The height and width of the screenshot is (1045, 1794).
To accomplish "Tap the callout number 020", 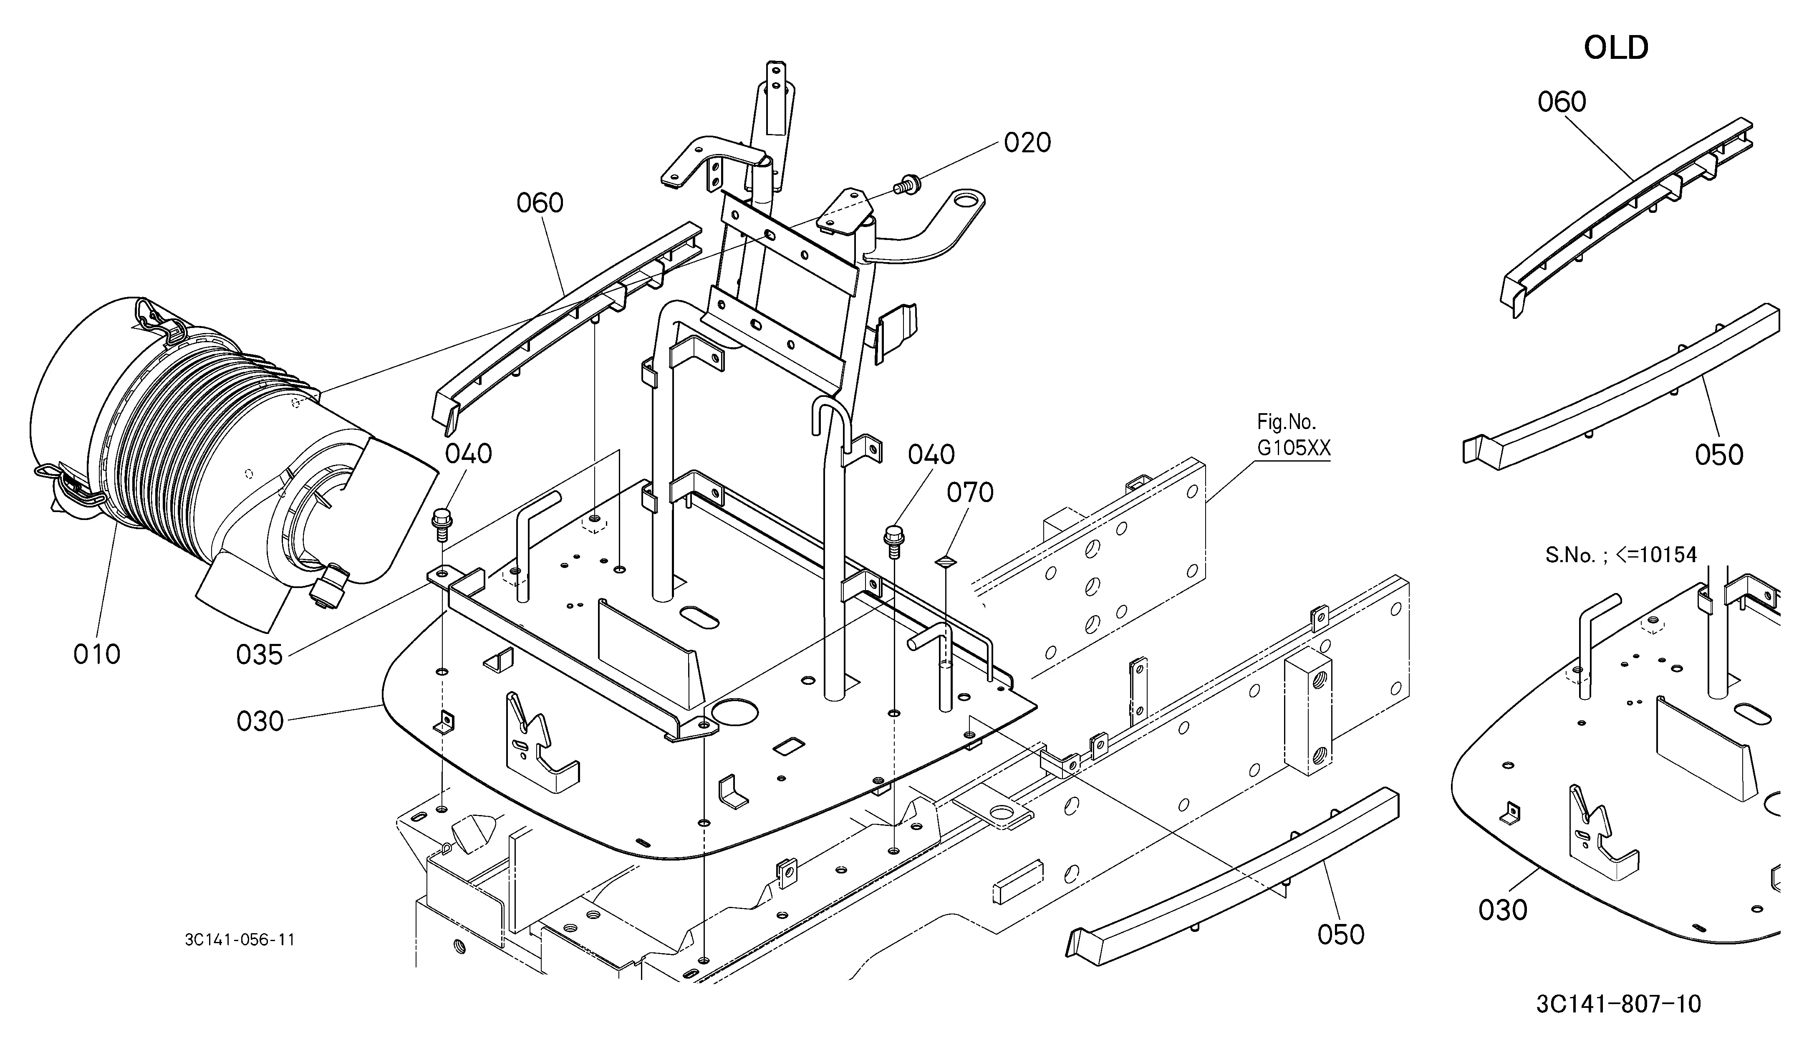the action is click(1027, 143).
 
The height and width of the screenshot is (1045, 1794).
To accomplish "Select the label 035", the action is click(260, 655).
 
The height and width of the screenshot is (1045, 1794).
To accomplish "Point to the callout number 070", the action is click(970, 492).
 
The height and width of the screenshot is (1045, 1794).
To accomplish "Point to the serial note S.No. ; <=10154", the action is click(1621, 555).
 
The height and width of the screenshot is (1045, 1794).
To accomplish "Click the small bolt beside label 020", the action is click(908, 185).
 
